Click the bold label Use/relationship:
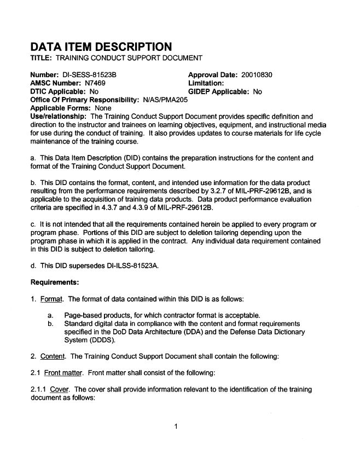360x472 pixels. click(60, 116)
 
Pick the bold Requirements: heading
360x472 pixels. click(55, 283)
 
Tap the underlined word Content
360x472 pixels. click(53, 356)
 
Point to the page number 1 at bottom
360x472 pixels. click(175, 427)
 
